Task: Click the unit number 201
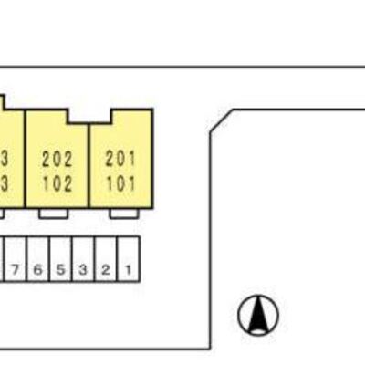pos(120,159)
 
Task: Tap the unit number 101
pos(120,183)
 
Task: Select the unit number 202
pos(57,160)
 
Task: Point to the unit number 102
pos(57,183)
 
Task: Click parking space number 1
pos(129,259)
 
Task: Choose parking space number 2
pos(106,259)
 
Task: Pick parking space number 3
pos(83,259)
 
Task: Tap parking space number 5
pos(61,259)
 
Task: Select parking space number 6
pos(38,259)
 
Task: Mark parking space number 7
pos(16,259)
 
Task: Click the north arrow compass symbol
pos(258,315)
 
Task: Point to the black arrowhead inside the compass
pos(258,314)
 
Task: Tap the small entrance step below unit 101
pos(124,214)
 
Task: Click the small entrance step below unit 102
pos(53,214)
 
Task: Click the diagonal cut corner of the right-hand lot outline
pos(222,120)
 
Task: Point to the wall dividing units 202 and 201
pos(89,166)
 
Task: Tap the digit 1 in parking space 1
pos(129,269)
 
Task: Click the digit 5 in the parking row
pos(61,269)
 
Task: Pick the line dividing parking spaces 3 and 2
pos(95,259)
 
